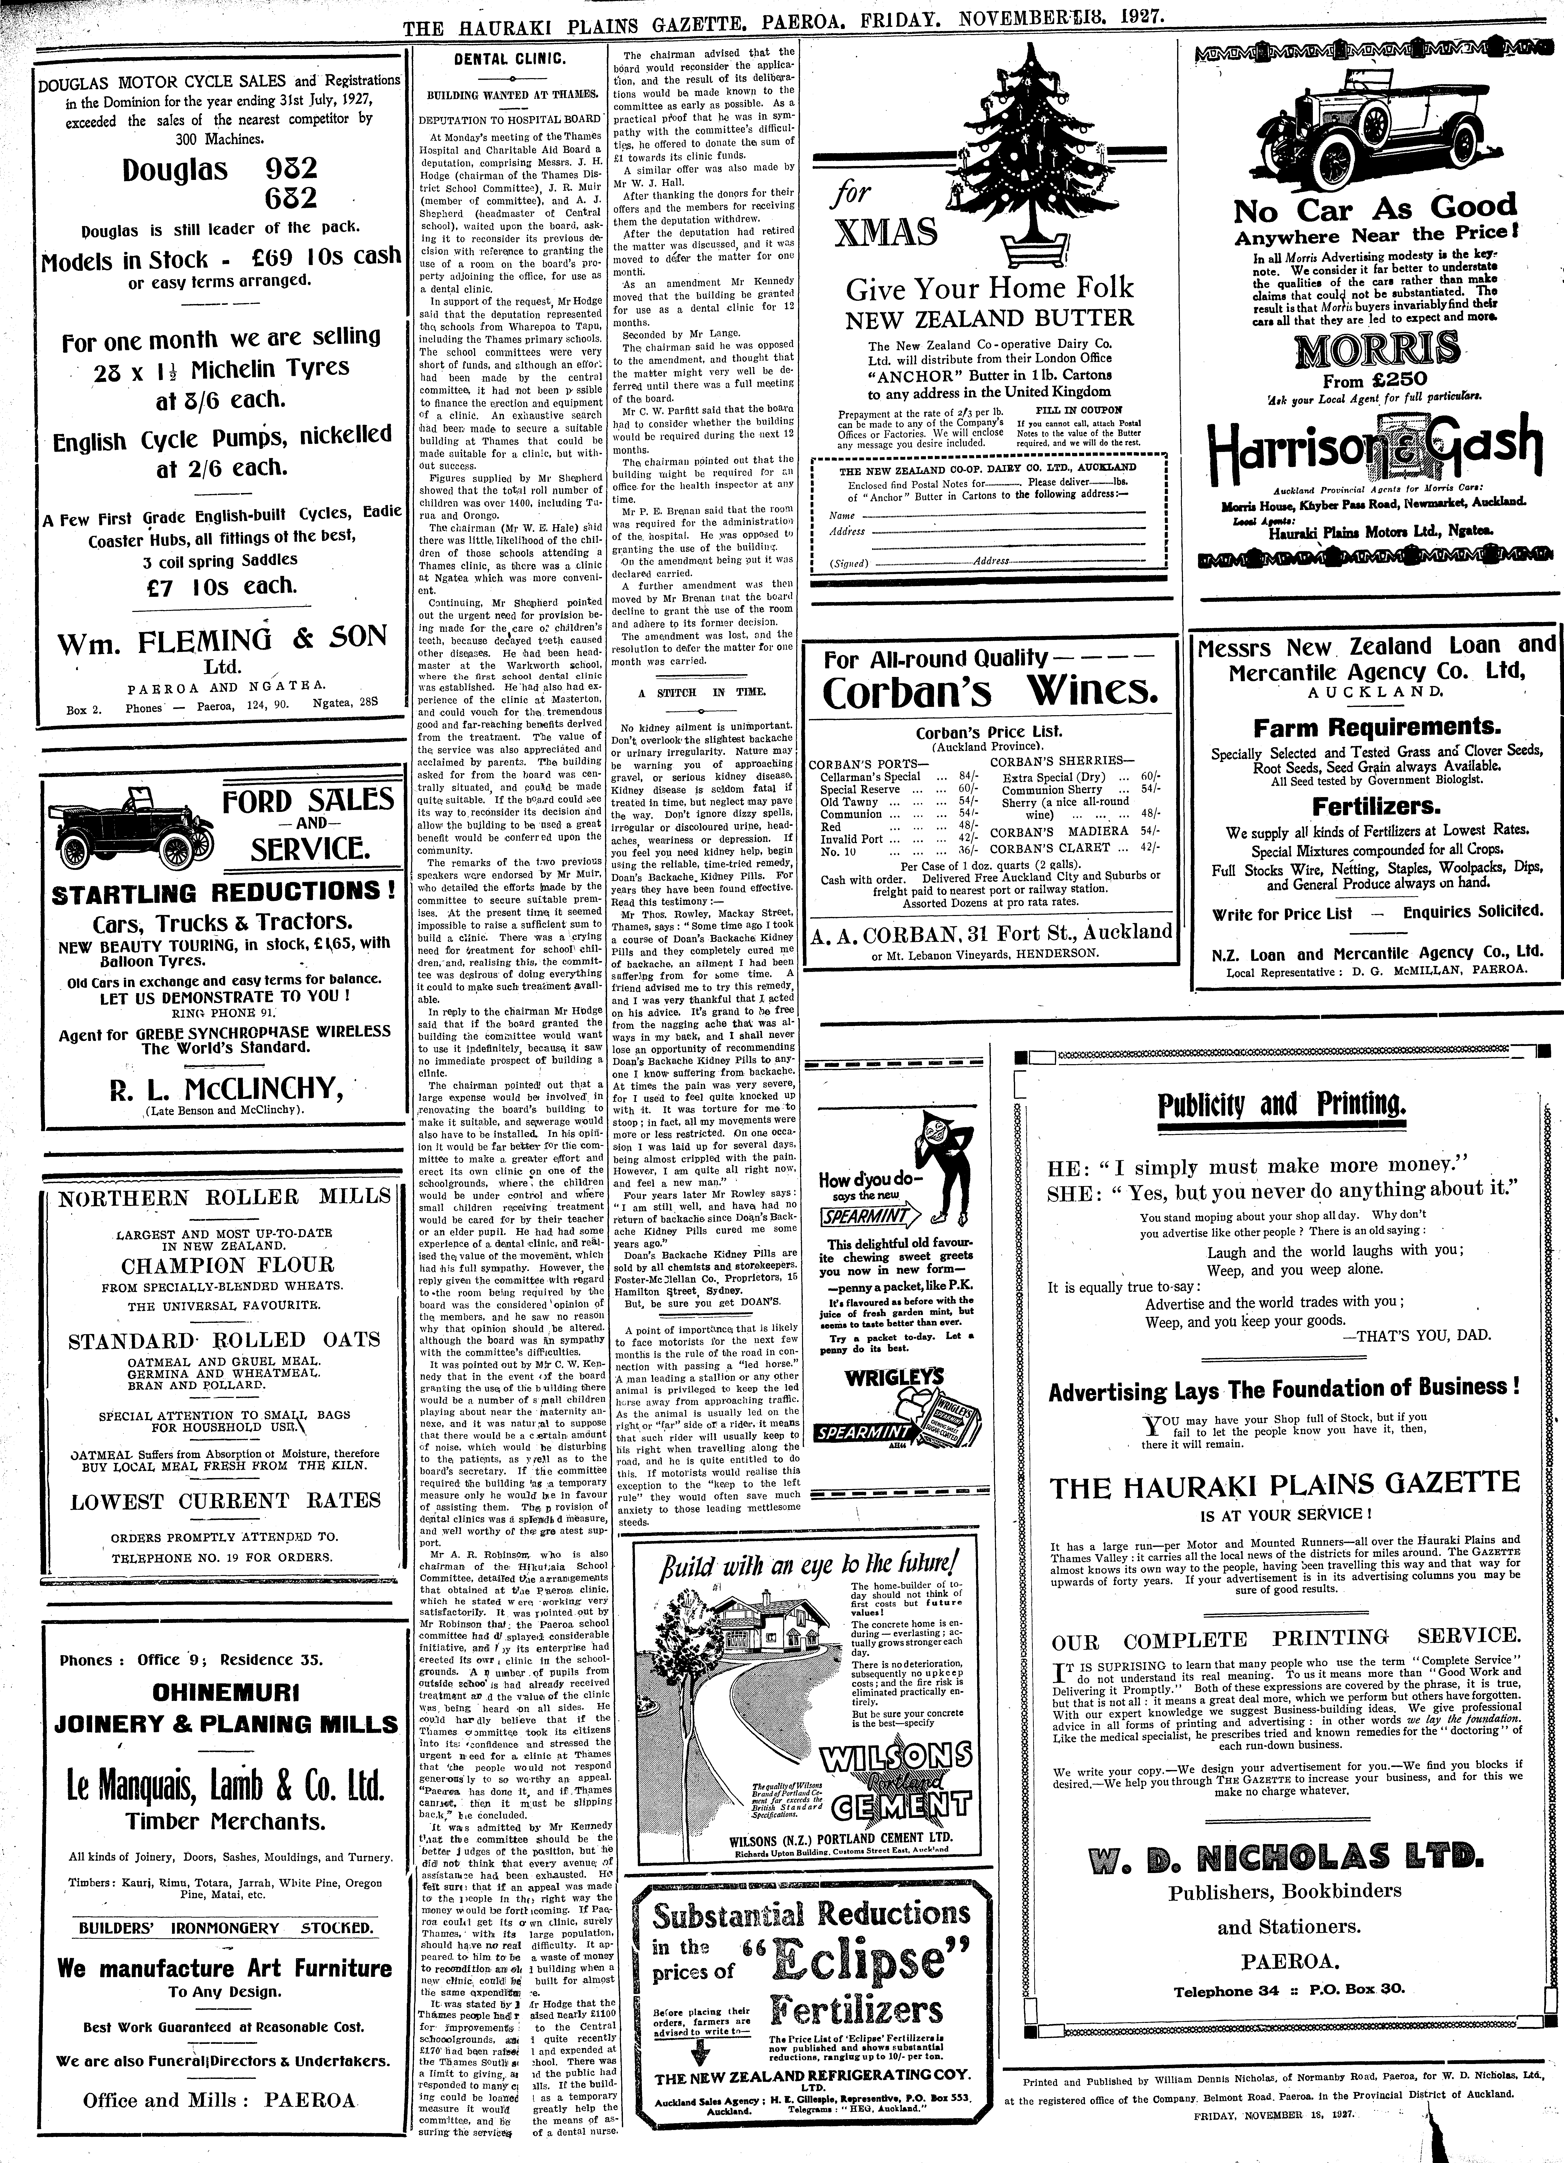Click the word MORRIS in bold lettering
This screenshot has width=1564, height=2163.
(x=1376, y=350)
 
